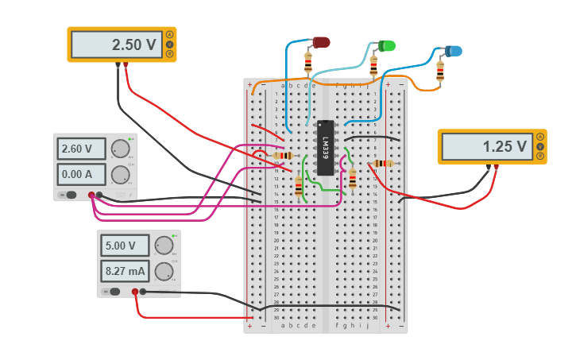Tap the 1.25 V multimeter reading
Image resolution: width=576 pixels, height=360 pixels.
[486, 146]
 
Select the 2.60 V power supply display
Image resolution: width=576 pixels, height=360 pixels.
[80, 149]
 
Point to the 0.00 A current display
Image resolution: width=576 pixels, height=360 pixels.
[80, 174]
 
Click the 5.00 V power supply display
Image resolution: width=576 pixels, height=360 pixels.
[124, 246]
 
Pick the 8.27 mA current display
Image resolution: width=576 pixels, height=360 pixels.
[124, 271]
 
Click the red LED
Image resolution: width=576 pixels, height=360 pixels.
[321, 42]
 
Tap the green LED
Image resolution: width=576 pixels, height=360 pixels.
[387, 46]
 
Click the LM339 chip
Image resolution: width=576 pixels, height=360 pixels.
[325, 147]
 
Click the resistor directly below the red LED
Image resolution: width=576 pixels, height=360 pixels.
[308, 62]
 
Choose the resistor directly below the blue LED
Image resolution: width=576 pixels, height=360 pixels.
[440, 72]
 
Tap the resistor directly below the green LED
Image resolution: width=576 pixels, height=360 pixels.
[373, 66]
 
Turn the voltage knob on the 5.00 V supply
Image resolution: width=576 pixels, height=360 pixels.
[164, 245]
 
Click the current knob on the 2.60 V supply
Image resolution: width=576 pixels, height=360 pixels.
[120, 175]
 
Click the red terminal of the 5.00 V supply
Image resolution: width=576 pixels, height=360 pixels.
[135, 292]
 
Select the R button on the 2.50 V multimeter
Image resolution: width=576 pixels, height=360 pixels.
[169, 54]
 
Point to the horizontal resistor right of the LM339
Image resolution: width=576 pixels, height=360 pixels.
[382, 164]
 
